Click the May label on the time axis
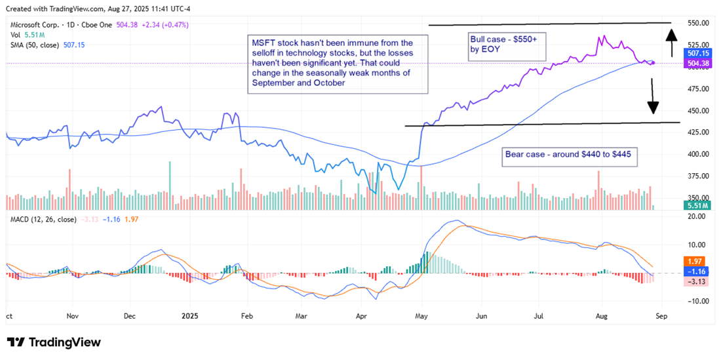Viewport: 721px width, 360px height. click(x=423, y=315)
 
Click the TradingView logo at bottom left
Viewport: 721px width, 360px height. click(x=54, y=342)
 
